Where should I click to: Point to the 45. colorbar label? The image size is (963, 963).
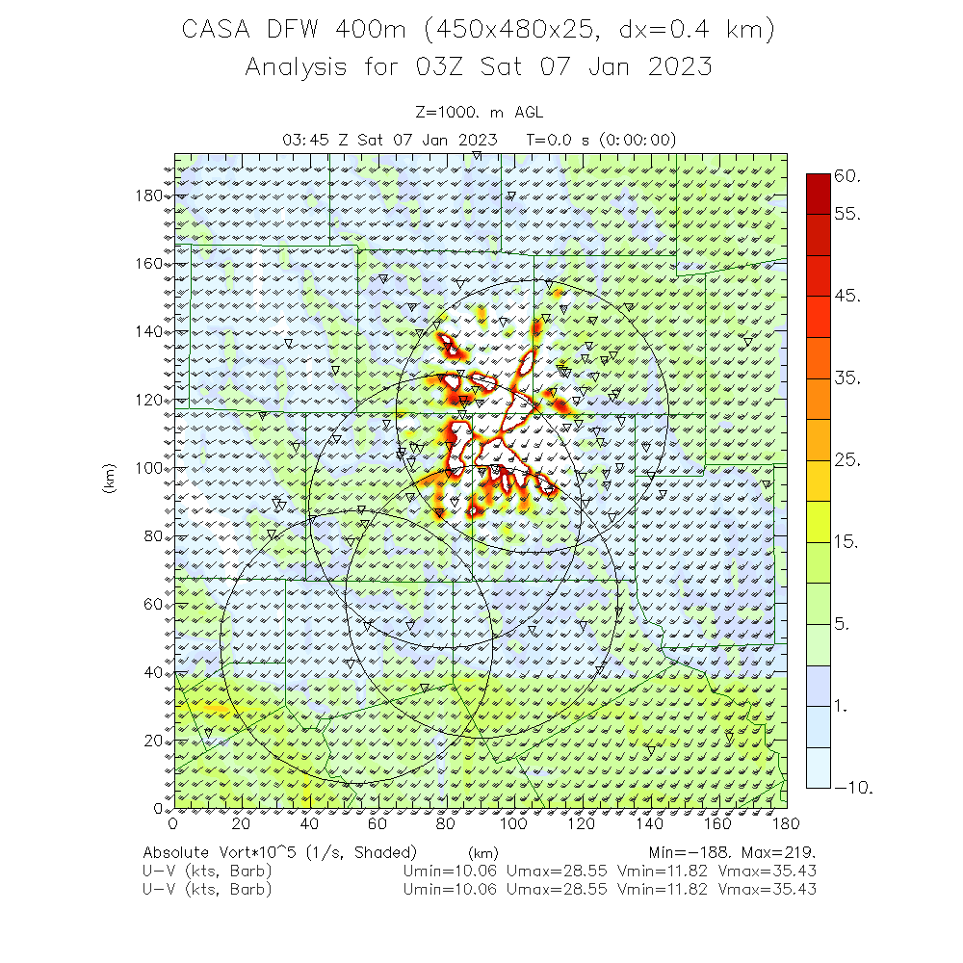tap(848, 296)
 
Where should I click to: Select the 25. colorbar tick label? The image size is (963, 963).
tap(848, 460)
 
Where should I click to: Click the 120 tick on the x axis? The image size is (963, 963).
tap(583, 823)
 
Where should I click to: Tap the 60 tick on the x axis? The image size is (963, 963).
tap(377, 823)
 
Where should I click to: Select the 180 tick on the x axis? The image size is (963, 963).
tap(787, 823)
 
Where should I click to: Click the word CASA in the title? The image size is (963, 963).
tap(218, 31)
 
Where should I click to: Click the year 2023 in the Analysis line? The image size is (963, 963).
tap(679, 67)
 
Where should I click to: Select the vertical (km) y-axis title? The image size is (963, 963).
tap(109, 480)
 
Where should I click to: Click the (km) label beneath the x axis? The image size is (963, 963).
tap(482, 853)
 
